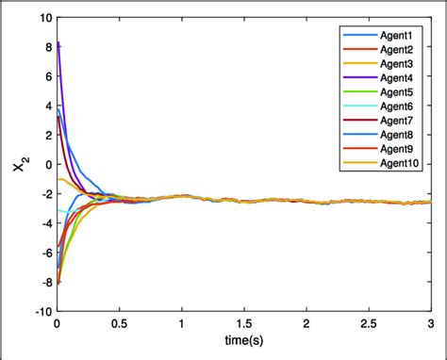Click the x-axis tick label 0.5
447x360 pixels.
tap(119, 325)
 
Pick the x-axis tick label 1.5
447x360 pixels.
tap(243, 325)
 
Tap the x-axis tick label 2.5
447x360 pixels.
tap(368, 325)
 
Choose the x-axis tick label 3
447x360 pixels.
tap(430, 325)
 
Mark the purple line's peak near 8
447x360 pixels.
tap(58, 42)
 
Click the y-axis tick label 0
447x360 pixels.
tap(45, 164)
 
